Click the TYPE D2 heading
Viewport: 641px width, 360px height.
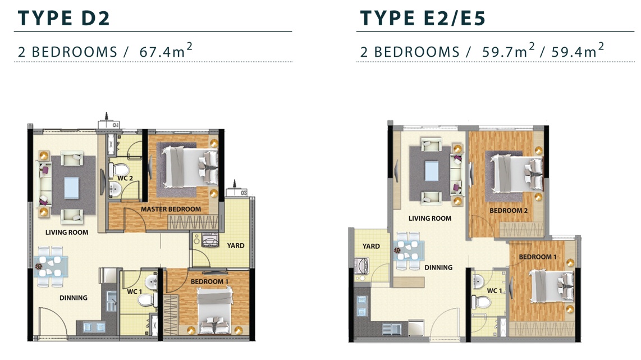point(64,19)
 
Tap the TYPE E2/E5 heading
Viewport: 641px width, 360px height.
point(423,19)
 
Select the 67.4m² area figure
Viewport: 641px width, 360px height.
point(166,51)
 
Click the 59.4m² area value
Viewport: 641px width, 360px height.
point(578,51)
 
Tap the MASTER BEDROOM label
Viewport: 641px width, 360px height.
point(171,209)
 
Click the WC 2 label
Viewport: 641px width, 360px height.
point(125,178)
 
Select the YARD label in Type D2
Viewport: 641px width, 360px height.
point(236,245)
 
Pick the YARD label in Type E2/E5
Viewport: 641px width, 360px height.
point(371,247)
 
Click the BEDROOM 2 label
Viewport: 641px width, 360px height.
point(509,211)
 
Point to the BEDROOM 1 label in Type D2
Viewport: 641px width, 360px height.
point(209,281)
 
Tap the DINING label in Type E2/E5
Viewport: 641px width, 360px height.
point(438,267)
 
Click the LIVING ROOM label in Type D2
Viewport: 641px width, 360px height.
point(67,233)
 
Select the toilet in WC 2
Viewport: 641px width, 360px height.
point(119,170)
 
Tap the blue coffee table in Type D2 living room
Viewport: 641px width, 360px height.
point(71,188)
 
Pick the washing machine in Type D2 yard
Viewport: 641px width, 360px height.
point(210,240)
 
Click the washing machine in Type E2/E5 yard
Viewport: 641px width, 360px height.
point(362,266)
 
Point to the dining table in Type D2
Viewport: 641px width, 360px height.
point(51,266)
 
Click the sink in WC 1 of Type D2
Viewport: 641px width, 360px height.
point(151,281)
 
